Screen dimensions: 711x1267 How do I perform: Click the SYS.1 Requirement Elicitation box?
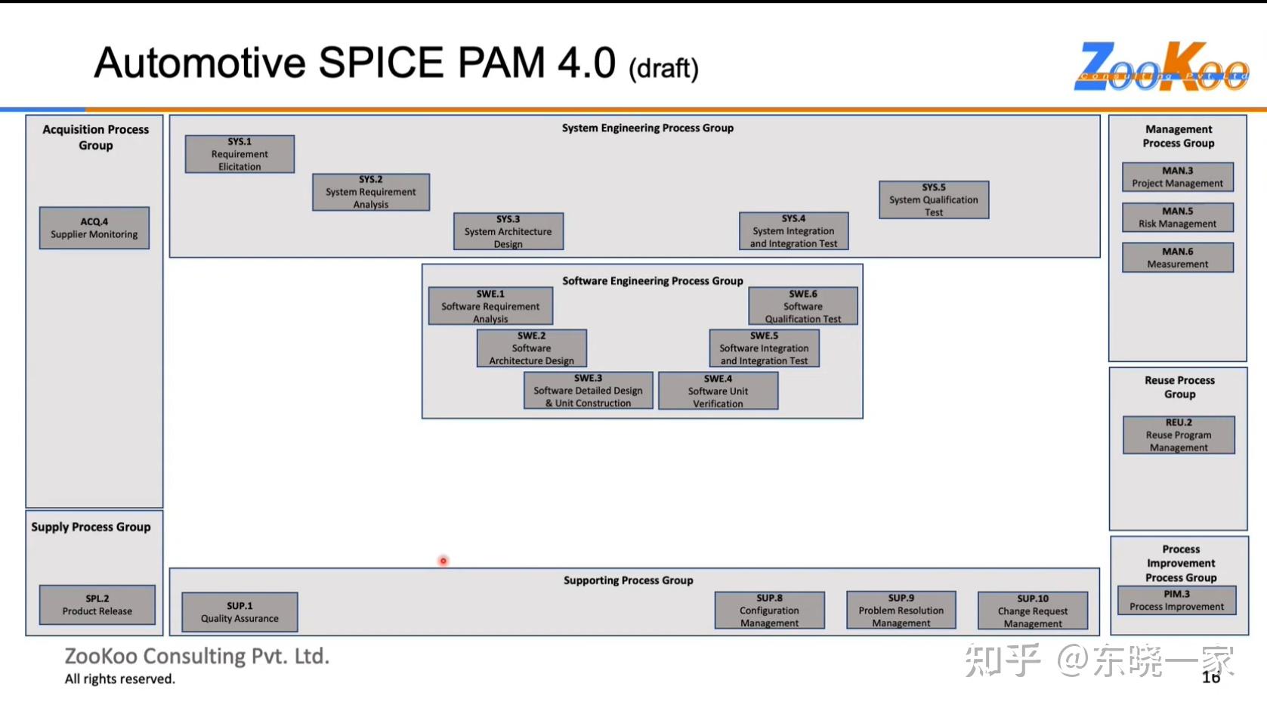click(x=239, y=154)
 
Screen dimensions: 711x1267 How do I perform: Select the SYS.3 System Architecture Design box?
click(x=508, y=231)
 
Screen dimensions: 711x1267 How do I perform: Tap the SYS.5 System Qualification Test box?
click(x=933, y=199)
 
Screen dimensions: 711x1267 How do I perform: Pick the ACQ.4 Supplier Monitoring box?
click(x=94, y=227)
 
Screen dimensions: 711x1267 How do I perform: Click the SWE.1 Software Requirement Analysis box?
click(x=490, y=306)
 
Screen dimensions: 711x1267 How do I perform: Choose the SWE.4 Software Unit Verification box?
click(x=718, y=391)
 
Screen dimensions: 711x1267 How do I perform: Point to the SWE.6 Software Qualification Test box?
click(x=802, y=306)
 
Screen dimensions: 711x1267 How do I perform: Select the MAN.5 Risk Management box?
click(x=1177, y=217)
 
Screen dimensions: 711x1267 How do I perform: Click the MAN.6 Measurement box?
click(x=1177, y=258)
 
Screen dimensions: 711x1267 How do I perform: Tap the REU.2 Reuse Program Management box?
click(x=1179, y=434)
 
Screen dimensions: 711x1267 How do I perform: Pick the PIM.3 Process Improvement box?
click(x=1176, y=601)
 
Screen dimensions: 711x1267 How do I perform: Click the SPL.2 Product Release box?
click(x=97, y=604)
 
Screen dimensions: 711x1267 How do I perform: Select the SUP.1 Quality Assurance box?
click(x=239, y=612)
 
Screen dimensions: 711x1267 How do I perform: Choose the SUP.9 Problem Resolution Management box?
click(x=901, y=611)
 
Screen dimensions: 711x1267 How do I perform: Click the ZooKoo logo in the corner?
click(x=1161, y=66)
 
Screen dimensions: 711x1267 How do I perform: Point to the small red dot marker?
click(x=443, y=561)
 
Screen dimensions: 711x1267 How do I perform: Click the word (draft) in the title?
click(x=663, y=69)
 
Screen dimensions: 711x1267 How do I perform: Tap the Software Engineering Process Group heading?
click(x=652, y=281)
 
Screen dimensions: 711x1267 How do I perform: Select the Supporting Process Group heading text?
click(x=628, y=580)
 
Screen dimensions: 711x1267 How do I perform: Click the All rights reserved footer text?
click(x=120, y=679)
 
